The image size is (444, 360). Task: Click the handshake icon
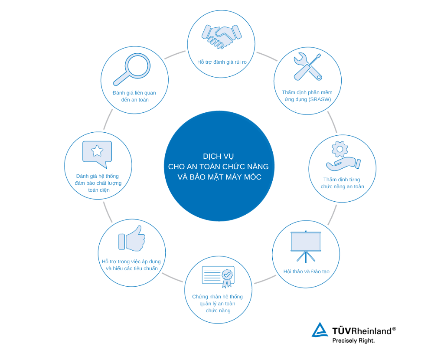(222, 36)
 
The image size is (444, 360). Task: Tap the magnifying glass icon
(132, 69)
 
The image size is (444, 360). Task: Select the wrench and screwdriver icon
(308, 67)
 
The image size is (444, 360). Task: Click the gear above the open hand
(340, 149)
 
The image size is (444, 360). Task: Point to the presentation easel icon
(306, 246)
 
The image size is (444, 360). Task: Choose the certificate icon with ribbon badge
(219, 276)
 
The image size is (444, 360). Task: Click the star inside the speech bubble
(97, 151)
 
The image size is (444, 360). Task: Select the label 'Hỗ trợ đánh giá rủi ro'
(222, 62)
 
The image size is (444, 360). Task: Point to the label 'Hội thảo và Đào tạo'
(307, 272)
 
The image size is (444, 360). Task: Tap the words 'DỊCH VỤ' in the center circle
(219, 157)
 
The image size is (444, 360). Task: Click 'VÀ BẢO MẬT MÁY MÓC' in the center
(219, 177)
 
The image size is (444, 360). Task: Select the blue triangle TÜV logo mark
(320, 330)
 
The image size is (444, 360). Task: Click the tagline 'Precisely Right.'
(353, 340)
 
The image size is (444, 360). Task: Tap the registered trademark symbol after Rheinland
(394, 329)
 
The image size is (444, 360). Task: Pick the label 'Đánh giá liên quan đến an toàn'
(134, 96)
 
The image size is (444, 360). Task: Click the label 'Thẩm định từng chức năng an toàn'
(342, 183)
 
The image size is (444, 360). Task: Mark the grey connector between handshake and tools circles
(267, 56)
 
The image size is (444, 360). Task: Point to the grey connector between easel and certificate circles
(265, 280)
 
